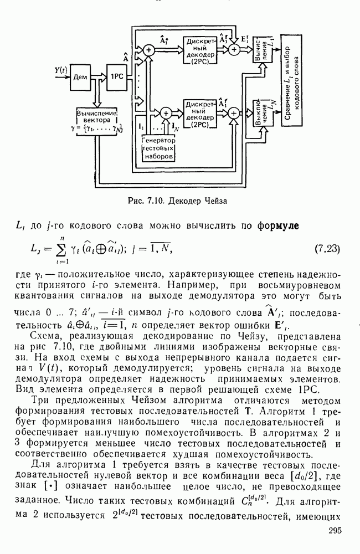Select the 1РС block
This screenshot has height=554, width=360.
(117, 76)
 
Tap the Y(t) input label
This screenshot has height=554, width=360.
(62, 70)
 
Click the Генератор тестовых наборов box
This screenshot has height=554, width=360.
(158, 148)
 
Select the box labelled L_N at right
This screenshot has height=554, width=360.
(261, 111)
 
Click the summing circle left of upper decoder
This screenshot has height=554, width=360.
(149, 50)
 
